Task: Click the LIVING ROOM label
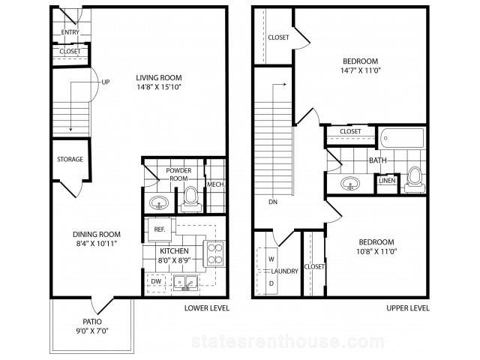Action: tap(159, 78)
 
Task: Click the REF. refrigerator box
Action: tap(160, 229)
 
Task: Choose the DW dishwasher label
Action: tap(156, 281)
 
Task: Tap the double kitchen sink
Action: tap(185, 283)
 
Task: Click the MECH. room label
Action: tap(216, 184)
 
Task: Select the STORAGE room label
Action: tap(70, 159)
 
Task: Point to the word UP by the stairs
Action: tap(106, 82)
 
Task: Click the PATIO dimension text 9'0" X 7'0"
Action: tap(92, 331)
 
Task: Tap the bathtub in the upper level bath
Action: tap(402, 138)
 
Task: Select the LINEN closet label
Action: tap(387, 181)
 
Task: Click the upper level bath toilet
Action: tap(415, 180)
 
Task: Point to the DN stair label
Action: tap(273, 202)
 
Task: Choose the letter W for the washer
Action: tap(271, 259)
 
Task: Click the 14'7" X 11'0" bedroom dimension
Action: tap(360, 70)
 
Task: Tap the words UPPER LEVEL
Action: tap(408, 308)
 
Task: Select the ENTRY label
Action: tap(70, 32)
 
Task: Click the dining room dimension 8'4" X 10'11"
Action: tap(97, 244)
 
